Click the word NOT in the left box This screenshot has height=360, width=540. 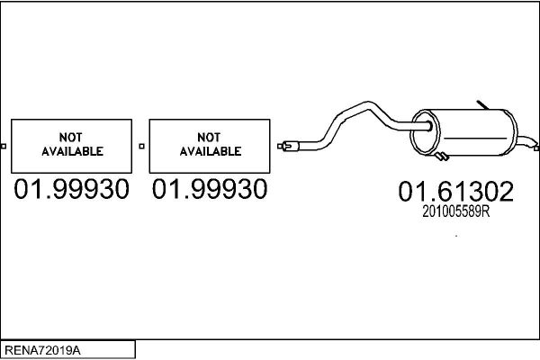tap(70, 138)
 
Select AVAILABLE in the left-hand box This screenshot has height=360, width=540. tap(72, 151)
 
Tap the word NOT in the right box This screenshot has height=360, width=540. tap(209, 138)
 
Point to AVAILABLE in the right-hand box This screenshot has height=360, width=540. tap(211, 151)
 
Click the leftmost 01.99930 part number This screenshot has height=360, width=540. tap(72, 189)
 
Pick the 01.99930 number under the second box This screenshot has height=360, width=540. tap(210, 189)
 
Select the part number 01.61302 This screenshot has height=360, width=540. tap(456, 192)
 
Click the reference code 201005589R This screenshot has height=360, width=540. tap(456, 211)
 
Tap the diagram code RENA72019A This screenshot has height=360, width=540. tap(42, 350)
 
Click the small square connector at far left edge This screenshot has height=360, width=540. tap(4, 147)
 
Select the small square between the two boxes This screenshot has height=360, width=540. tap(141, 147)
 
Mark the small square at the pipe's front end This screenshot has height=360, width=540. tap(280, 147)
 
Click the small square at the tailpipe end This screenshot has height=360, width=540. tap(536, 148)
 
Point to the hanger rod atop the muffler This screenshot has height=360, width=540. tap(482, 104)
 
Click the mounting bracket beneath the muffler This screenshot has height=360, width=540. tap(442, 157)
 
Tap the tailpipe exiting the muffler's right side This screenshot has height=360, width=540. tap(526, 141)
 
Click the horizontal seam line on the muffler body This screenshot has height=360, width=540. tap(475, 139)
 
